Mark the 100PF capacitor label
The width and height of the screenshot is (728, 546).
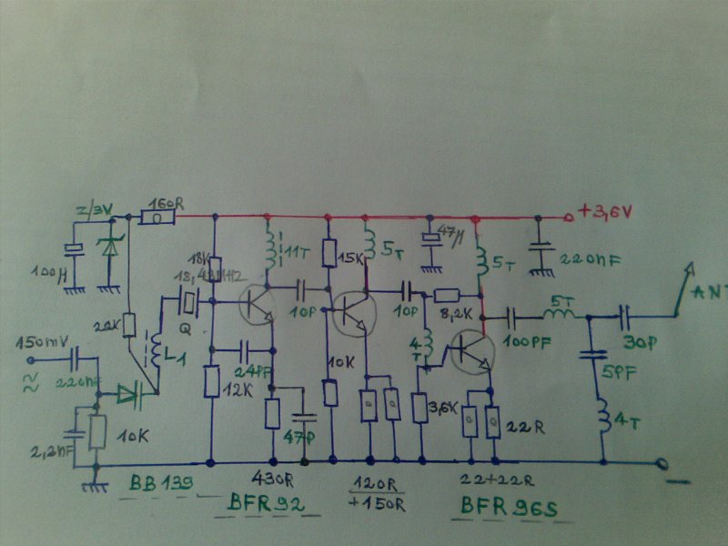[522, 345]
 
